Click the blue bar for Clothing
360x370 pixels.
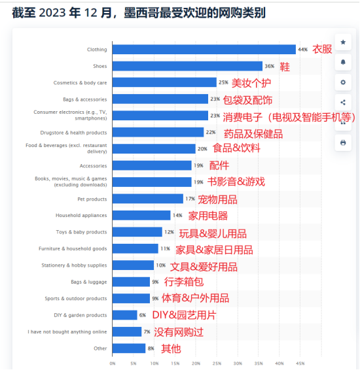[204, 50]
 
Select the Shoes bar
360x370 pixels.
[188, 66]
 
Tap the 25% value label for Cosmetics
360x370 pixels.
[223, 82]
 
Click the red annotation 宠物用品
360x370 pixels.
[217, 199]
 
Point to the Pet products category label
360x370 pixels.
[92, 199]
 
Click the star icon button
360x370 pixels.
[343, 42]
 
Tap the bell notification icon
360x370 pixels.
[343, 62]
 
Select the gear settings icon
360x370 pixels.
[343, 82]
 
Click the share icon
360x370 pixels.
[343, 103]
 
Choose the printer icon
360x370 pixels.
[343, 143]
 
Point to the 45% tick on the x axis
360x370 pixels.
[300, 363]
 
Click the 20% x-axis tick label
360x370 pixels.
[196, 363]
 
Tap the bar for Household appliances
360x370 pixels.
[141, 216]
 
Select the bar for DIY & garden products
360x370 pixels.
[125, 315]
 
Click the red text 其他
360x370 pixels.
[171, 348]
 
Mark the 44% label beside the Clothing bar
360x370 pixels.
[302, 50]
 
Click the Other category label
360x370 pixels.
[100, 348]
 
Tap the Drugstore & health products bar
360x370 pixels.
[158, 132]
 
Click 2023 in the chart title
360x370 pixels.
[52, 12]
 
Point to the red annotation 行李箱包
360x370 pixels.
[184, 282]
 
